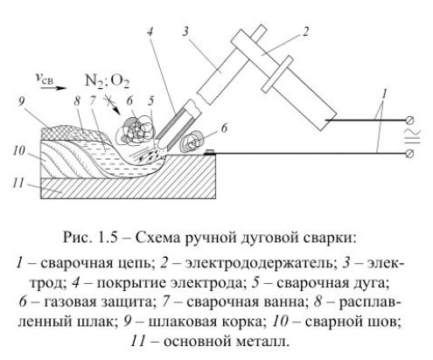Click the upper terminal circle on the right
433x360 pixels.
click(x=411, y=117)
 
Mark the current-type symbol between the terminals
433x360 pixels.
click(x=411, y=136)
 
